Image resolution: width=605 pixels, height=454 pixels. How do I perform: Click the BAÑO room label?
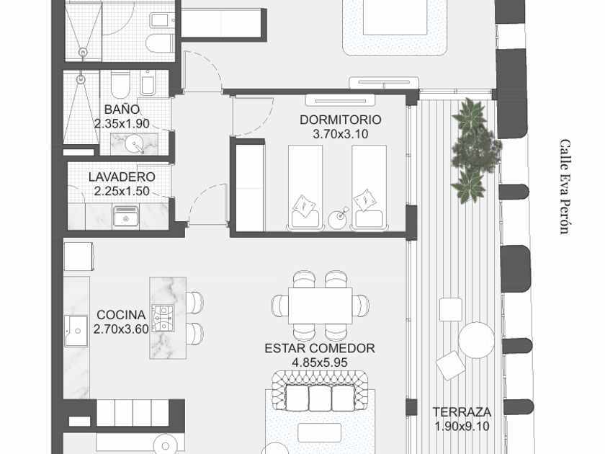[122, 110]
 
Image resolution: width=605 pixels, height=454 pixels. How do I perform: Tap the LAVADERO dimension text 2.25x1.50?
[122, 191]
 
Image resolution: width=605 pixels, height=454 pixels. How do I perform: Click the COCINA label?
[121, 315]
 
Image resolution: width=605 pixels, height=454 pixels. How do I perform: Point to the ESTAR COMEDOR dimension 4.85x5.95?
[320, 362]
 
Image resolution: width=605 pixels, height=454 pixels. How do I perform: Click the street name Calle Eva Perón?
[565, 187]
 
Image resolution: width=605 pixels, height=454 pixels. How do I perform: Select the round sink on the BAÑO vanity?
[135, 145]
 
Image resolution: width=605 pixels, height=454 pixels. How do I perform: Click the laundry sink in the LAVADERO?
[125, 217]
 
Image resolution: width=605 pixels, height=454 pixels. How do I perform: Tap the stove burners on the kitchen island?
[163, 319]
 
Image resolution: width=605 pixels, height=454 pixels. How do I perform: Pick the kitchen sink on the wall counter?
[76, 331]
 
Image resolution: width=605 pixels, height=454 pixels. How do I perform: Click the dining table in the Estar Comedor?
[321, 306]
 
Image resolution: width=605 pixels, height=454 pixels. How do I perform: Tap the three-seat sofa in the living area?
[320, 392]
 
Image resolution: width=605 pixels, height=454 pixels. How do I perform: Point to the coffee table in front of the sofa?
[320, 432]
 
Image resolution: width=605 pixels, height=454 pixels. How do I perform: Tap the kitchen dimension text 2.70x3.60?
[121, 329]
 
